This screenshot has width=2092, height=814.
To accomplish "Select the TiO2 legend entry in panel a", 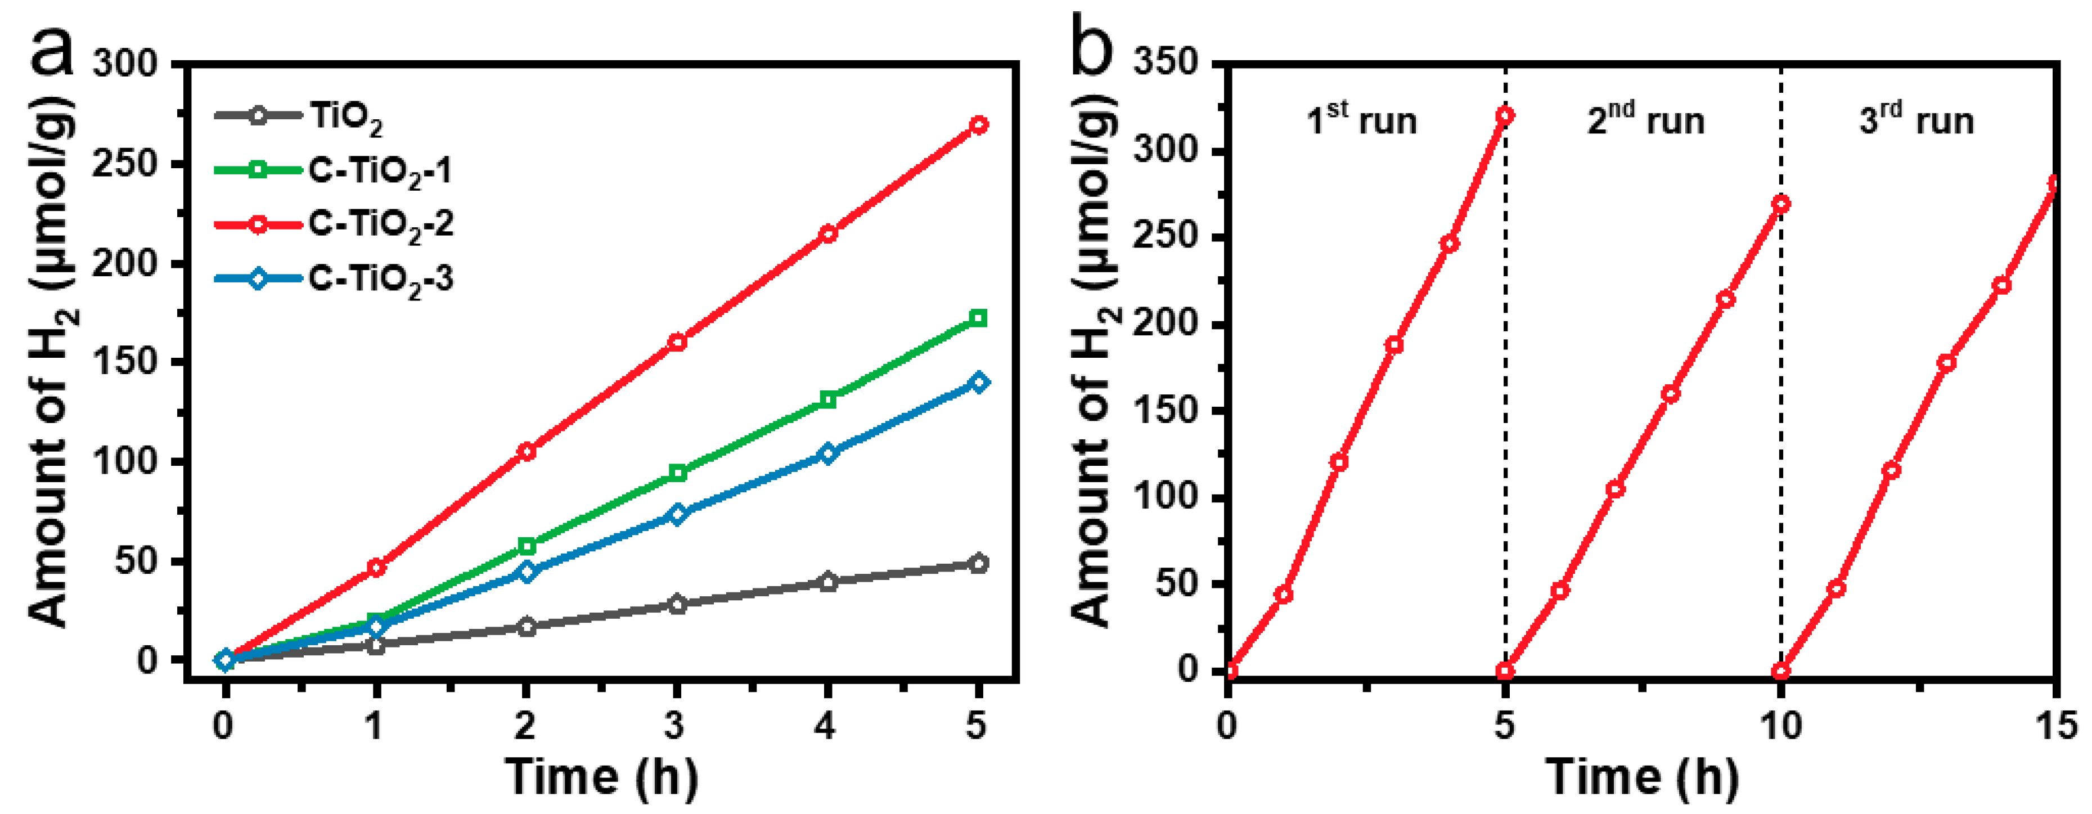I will click(x=300, y=116).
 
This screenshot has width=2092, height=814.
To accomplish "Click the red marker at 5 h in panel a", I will click(x=979, y=125).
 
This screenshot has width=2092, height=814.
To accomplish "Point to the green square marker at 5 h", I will click(x=979, y=318).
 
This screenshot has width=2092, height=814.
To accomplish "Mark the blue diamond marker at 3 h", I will click(x=677, y=514).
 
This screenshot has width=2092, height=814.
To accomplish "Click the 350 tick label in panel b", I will click(x=1166, y=64).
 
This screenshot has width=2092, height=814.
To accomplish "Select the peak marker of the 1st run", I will click(x=1505, y=115).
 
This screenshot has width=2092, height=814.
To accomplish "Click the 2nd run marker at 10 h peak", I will click(x=1781, y=204).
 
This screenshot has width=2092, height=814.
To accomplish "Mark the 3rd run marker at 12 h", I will click(x=1891, y=470).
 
